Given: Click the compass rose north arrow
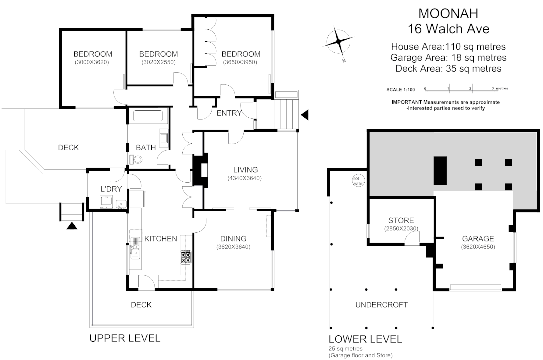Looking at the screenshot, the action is tap(338, 42).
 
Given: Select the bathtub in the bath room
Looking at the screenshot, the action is tap(148, 116).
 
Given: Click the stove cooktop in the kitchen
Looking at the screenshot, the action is tap(186, 257).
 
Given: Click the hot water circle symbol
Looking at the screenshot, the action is tap(358, 181).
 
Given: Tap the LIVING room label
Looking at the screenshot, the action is tap(245, 170).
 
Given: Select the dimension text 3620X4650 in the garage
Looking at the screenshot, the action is tap(478, 247).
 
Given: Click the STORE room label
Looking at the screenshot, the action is tap(401, 220).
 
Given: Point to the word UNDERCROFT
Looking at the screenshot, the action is tap(381, 305).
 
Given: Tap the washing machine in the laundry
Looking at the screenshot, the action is tap(106, 202).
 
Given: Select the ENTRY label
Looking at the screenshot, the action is tap(229, 113).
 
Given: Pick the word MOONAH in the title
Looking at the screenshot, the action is tap(448, 13).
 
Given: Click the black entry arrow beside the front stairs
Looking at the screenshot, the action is tap(305, 115).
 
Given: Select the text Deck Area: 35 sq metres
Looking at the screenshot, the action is tap(448, 69).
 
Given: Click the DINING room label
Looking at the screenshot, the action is tap(233, 239).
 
